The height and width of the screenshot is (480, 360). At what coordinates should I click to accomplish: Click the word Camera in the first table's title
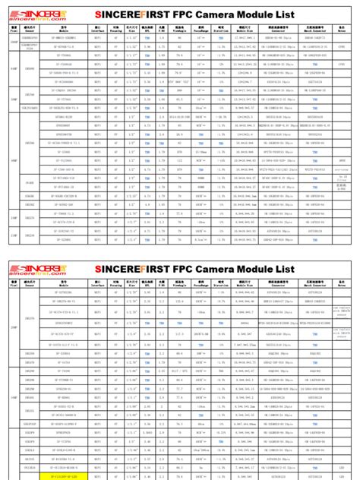tap(210, 14)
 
